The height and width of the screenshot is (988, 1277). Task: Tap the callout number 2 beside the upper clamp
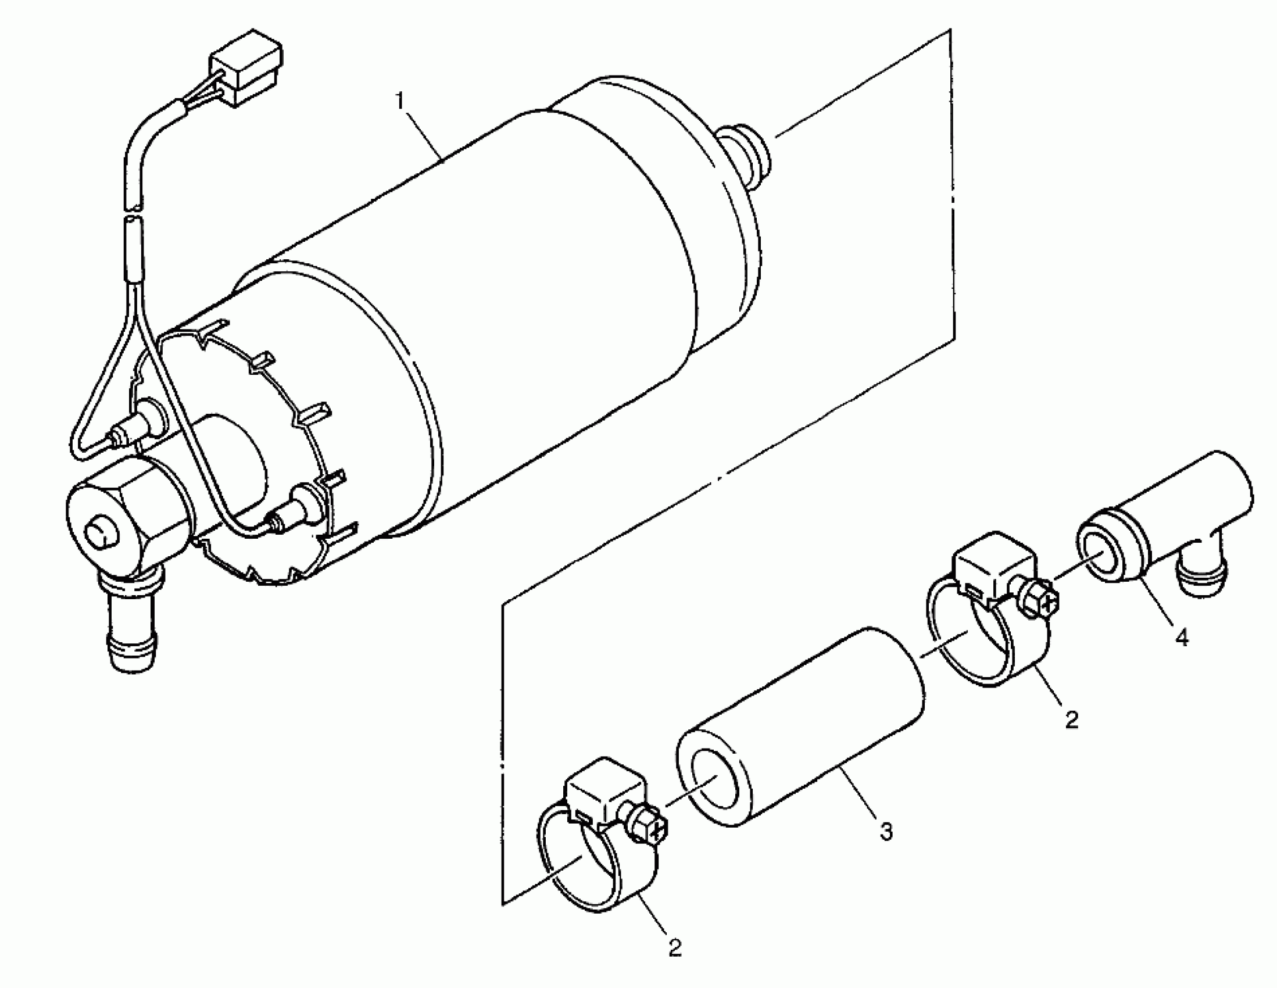coord(1071,718)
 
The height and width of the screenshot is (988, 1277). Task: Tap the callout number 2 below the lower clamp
coord(675,948)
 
